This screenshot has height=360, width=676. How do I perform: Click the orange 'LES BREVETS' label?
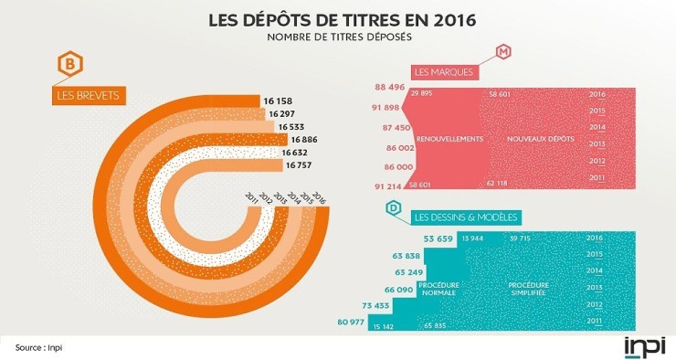(x=89, y=94)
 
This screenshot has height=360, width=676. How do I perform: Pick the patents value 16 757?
(x=304, y=166)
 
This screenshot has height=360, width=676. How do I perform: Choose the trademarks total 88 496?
(x=390, y=88)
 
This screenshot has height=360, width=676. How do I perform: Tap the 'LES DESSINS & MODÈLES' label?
(x=467, y=217)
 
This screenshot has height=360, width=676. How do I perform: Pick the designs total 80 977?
(x=356, y=322)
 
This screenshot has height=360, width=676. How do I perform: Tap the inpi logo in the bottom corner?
(x=645, y=345)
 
